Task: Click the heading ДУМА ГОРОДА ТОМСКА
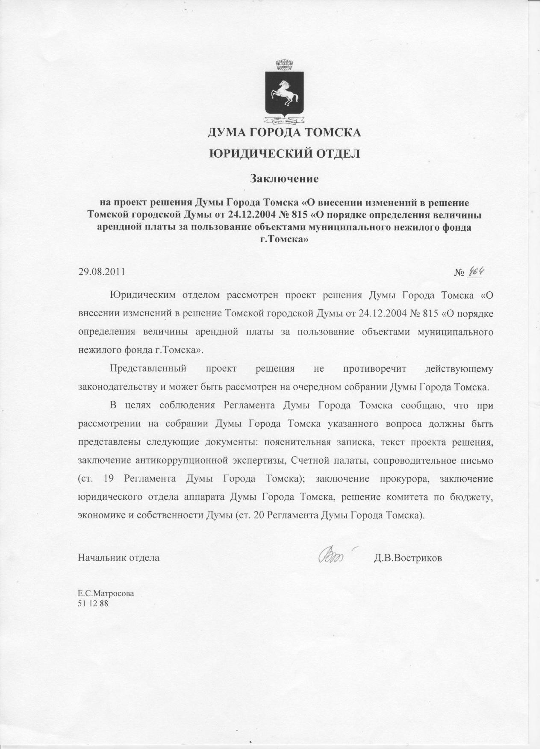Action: click(284, 132)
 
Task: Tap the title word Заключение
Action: click(284, 178)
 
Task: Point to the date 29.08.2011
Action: click(101, 272)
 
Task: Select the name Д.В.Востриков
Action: click(408, 558)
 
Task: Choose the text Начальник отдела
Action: click(118, 558)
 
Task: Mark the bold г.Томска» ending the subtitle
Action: click(284, 240)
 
